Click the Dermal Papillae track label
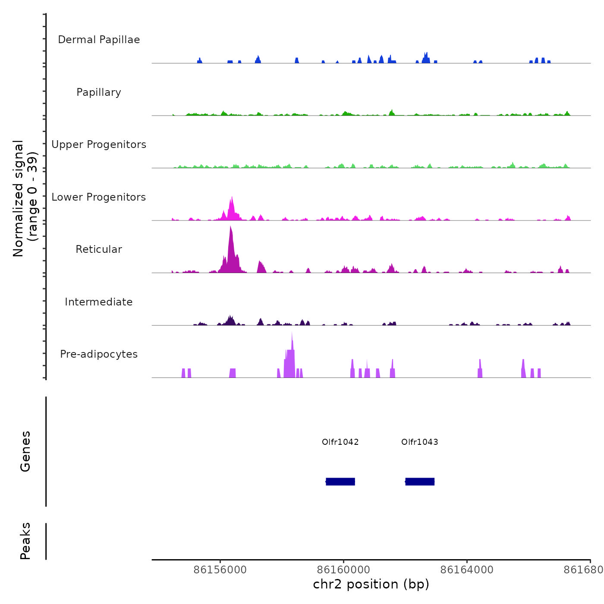pyautogui.click(x=99, y=40)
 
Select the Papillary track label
pyautogui.click(x=99, y=92)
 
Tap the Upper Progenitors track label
pyautogui.click(x=99, y=145)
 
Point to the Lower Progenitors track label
pyautogui.click(x=99, y=197)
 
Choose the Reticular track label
pyautogui.click(x=99, y=249)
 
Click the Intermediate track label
pyautogui.click(x=99, y=302)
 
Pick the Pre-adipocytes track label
pyautogui.click(x=99, y=354)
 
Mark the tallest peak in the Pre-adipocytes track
pyautogui.click(x=292, y=334)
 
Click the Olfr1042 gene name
pyautogui.click(x=340, y=442)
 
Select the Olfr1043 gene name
pyautogui.click(x=420, y=442)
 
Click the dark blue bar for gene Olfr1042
pyautogui.click(x=340, y=481)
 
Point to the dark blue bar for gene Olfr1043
pyautogui.click(x=420, y=481)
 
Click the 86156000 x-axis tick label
pyautogui.click(x=220, y=569)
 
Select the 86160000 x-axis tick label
pyautogui.click(x=344, y=569)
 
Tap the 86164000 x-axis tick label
pyautogui.click(x=467, y=569)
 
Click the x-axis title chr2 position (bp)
pyautogui.click(x=371, y=584)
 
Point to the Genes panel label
pyautogui.click(x=25, y=451)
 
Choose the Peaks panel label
pyautogui.click(x=25, y=541)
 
